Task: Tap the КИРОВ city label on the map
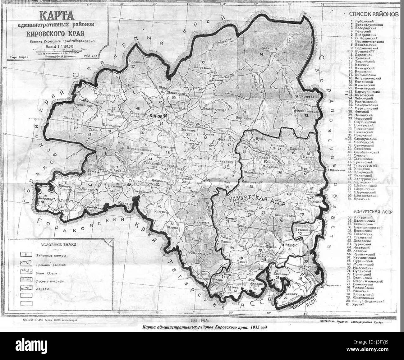coord(156,116)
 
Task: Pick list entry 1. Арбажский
coord(361,21)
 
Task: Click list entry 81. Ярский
coord(360,305)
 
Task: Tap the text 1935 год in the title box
coord(92,56)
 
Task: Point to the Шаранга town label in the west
coord(43,197)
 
